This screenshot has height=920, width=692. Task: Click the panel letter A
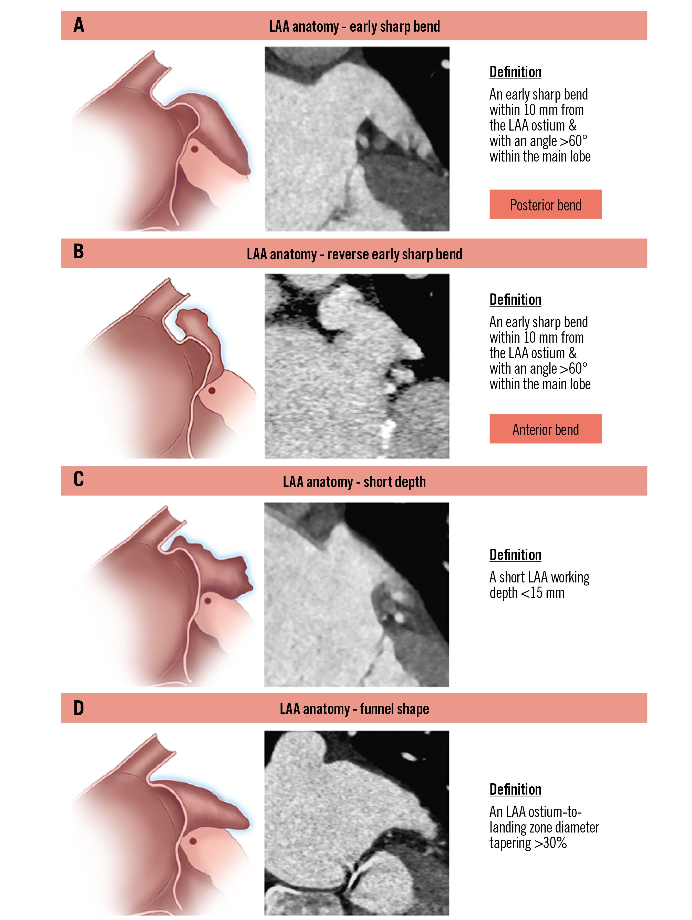[x=79, y=25]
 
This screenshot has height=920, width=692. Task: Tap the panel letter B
[x=79, y=252]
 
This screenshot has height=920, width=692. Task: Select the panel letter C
[x=79, y=479]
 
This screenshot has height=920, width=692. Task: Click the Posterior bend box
[x=545, y=204]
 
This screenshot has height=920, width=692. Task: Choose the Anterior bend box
[x=545, y=429]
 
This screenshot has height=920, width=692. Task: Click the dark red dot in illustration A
[x=194, y=149]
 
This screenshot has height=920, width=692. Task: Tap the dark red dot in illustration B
[x=212, y=391]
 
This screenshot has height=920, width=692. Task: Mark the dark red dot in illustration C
[x=207, y=601]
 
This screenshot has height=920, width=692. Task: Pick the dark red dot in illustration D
[x=193, y=841]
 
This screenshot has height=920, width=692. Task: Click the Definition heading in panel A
[x=515, y=72]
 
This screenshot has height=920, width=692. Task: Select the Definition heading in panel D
[x=515, y=789]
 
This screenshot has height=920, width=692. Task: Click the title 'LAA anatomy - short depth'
[x=354, y=482]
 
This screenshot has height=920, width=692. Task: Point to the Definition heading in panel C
[x=515, y=555]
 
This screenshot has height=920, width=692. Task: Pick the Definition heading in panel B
[x=515, y=299]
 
